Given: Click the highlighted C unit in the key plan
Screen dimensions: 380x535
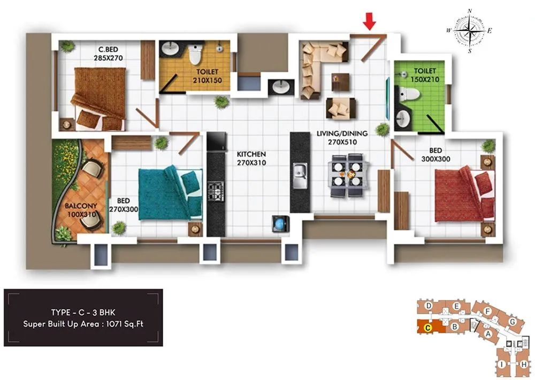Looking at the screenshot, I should click(428, 327).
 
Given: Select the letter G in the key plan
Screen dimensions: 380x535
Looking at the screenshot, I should click(513, 321).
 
